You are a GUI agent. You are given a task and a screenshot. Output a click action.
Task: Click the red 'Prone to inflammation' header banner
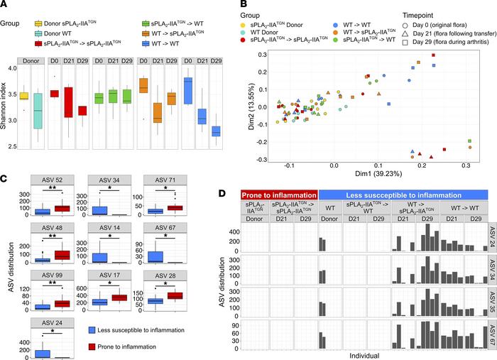279,195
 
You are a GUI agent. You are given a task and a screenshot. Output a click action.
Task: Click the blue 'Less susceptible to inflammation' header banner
407,195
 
